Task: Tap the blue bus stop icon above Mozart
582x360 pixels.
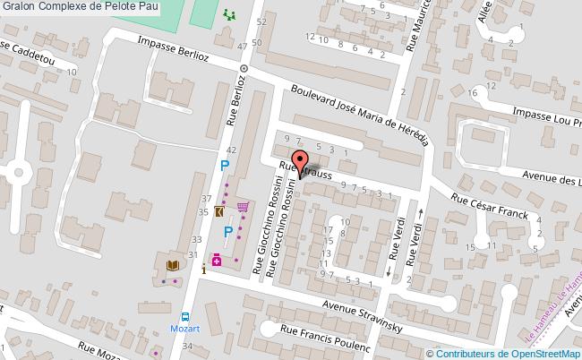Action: tap(185, 316)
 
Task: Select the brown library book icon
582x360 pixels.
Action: tap(172, 265)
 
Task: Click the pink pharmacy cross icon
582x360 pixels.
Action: tap(217, 260)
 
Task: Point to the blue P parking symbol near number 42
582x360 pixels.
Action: tap(225, 167)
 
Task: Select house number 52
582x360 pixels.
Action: tap(261, 20)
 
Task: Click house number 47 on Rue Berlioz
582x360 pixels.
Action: tap(243, 46)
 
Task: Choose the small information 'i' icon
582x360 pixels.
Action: tap(204, 267)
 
